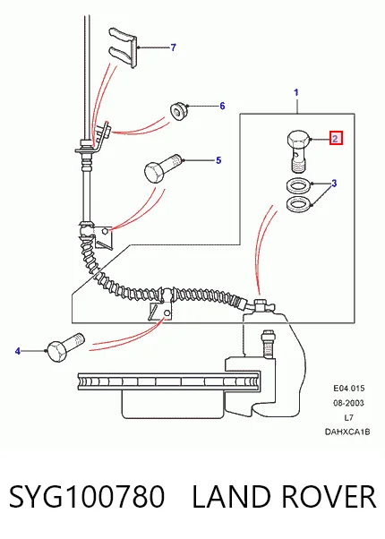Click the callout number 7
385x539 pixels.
click(174, 47)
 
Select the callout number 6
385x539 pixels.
click(222, 106)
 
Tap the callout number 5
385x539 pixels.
click(218, 160)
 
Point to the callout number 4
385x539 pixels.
click(18, 351)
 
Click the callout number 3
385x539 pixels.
click(334, 184)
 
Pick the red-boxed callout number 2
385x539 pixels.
click(336, 139)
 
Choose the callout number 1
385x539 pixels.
click(296, 92)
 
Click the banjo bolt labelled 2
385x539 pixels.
click(298, 151)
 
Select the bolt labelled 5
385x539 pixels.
click(162, 168)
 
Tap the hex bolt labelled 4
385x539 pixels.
click(65, 347)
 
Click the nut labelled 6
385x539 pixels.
click(178, 111)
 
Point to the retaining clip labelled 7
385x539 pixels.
click(124, 47)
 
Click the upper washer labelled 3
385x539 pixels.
click(298, 185)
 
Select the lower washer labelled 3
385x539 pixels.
click(298, 204)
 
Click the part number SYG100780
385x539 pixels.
click(87, 497)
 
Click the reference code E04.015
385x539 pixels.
click(349, 389)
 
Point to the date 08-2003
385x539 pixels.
click(348, 403)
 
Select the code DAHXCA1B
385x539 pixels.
click(347, 432)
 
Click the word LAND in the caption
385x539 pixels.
click(232, 497)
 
